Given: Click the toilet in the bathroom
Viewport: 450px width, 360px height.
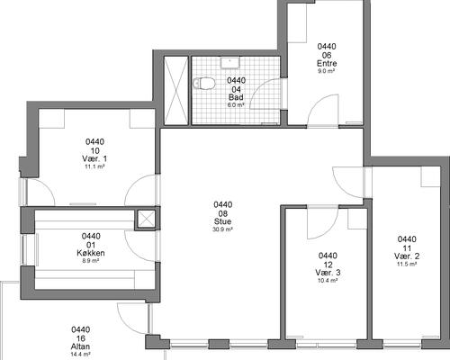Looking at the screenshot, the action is (x=204, y=83).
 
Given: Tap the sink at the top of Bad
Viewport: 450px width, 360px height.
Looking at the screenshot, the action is (x=230, y=63).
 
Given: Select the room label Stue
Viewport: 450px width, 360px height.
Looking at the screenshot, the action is (x=222, y=221).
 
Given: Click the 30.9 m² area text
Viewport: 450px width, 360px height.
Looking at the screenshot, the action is (x=222, y=229).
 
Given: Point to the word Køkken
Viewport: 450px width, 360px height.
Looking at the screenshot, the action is (x=91, y=253).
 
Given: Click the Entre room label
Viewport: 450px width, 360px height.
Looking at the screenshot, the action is (x=327, y=63).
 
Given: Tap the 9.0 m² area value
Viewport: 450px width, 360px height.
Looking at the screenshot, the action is (x=327, y=71).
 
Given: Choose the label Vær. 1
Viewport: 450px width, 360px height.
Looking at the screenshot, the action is (x=94, y=158).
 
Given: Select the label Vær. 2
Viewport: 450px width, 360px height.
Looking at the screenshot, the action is (x=407, y=256).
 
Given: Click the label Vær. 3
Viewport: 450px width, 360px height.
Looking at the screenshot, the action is (x=328, y=273).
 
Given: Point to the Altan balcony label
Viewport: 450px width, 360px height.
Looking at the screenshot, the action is (x=80, y=346).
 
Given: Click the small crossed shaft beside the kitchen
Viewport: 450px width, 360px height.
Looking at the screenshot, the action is (x=146, y=218).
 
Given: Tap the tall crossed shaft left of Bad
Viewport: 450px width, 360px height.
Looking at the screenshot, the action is (x=176, y=90).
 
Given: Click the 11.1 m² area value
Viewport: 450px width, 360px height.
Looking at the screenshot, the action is (x=94, y=166).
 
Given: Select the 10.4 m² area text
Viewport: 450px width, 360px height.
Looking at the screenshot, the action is (x=328, y=281).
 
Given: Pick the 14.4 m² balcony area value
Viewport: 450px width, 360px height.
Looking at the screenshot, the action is (x=80, y=355).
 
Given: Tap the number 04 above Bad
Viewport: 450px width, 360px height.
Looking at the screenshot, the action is (x=236, y=89).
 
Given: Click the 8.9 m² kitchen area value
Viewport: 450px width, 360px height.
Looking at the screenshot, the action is (x=91, y=261).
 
